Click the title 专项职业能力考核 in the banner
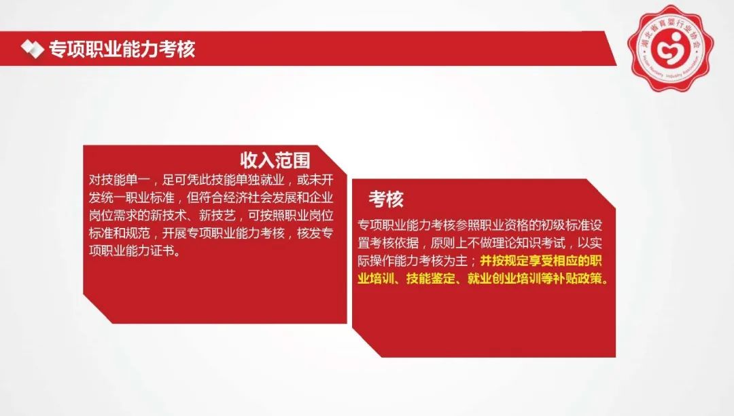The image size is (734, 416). [122, 49]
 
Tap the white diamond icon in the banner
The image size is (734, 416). [32, 49]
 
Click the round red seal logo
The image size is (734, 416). [670, 48]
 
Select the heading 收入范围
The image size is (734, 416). [275, 160]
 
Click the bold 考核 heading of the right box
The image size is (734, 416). [386, 199]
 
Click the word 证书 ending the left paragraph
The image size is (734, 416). [162, 251]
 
